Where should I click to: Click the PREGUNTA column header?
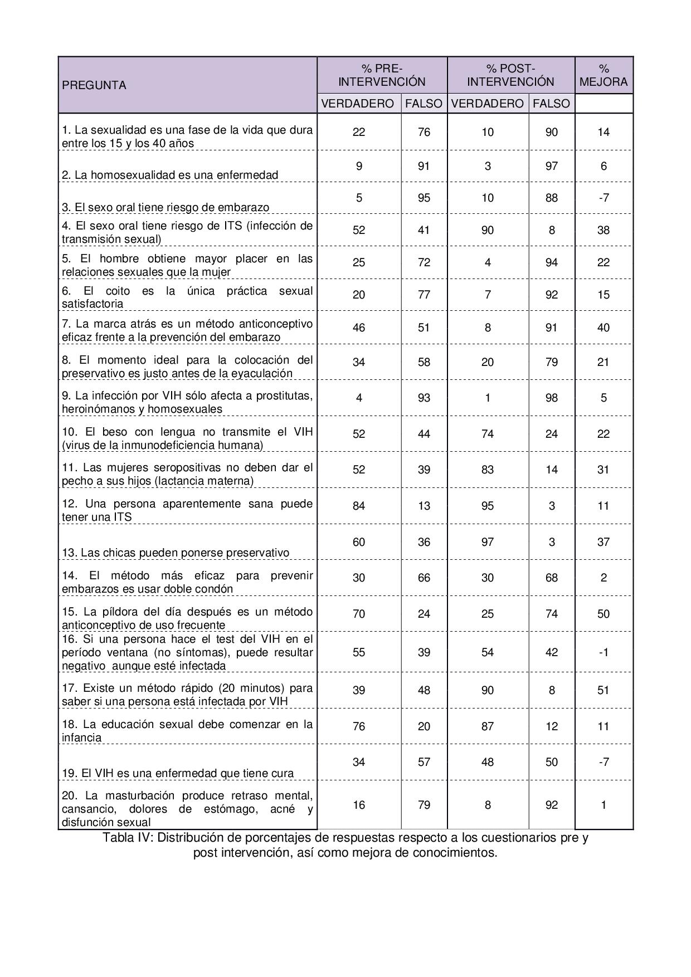click(x=94, y=85)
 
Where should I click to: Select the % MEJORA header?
click(x=604, y=75)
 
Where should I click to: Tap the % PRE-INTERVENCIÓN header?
click(x=382, y=75)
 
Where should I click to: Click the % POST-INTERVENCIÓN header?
click(x=510, y=75)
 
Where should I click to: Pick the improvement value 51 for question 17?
click(x=604, y=690)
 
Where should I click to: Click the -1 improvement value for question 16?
click(x=604, y=652)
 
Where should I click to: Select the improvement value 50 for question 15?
click(x=604, y=614)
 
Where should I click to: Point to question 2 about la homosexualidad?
click(x=170, y=175)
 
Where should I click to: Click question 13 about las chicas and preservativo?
click(x=176, y=553)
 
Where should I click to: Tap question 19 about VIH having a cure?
click(x=178, y=773)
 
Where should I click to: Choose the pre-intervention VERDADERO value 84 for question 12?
click(x=359, y=506)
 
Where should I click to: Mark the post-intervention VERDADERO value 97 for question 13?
click(x=488, y=542)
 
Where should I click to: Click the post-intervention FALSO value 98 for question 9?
click(x=552, y=398)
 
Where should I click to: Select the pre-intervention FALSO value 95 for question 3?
click(x=424, y=198)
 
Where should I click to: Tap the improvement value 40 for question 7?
click(x=604, y=328)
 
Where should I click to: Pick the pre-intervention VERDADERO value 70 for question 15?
click(x=359, y=614)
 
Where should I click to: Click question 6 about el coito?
click(x=187, y=297)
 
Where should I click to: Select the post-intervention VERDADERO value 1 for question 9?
click(x=488, y=398)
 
